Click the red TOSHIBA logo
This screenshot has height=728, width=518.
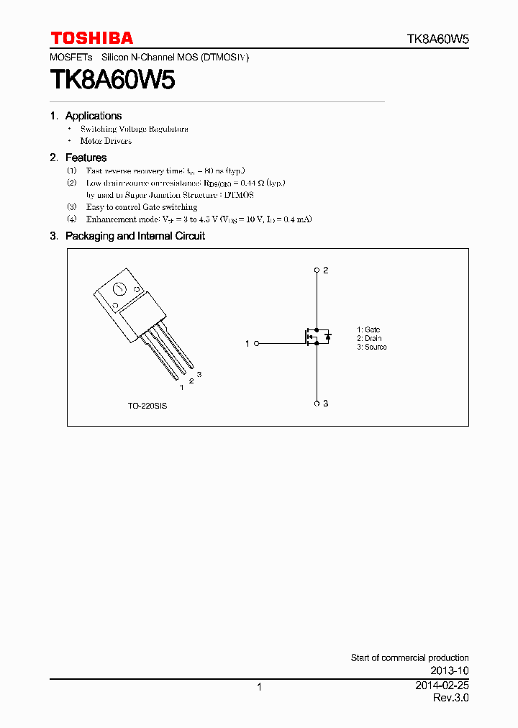(91, 38)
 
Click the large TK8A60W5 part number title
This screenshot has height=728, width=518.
(112, 79)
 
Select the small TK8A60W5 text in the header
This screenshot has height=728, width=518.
(438, 40)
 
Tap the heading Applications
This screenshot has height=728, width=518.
(94, 116)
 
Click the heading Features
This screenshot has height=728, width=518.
(86, 158)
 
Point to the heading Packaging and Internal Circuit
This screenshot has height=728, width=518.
(135, 236)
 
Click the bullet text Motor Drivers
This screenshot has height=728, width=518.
(106, 141)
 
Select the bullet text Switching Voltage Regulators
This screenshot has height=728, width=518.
(134, 129)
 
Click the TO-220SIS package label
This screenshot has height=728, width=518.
(147, 406)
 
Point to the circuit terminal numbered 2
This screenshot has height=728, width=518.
(317, 270)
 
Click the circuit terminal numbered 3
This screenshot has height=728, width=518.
(317, 404)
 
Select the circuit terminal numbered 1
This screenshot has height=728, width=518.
(255, 344)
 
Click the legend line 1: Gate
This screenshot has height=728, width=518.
(368, 329)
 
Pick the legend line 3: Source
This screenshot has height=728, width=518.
(372, 347)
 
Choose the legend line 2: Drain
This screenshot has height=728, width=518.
(369, 338)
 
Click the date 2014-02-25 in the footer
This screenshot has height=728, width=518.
(442, 686)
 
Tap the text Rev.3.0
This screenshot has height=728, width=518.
(450, 698)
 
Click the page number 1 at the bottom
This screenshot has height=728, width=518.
(259, 687)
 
